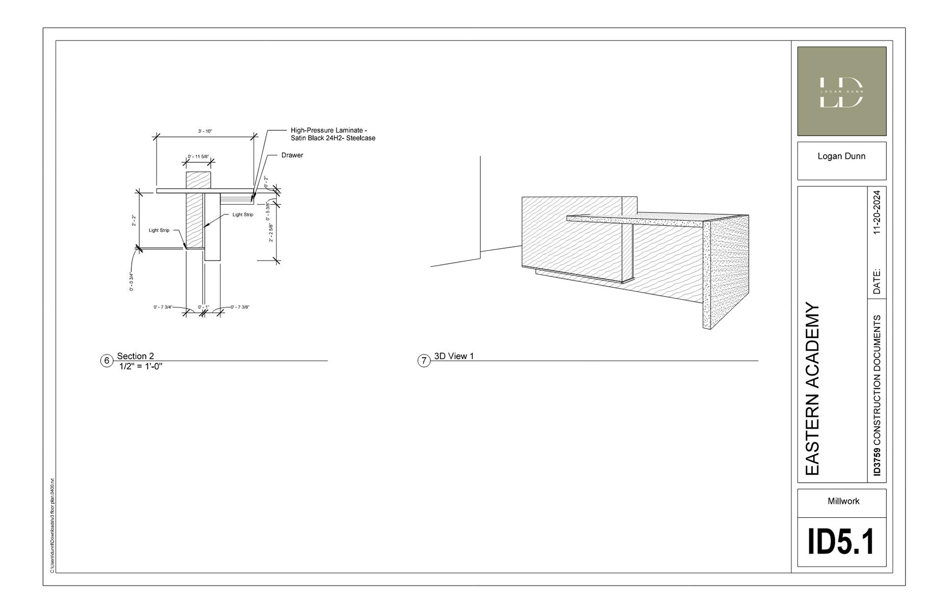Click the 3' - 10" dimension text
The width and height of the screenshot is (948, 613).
[x=205, y=131]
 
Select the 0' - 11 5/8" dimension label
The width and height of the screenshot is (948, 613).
[x=198, y=157]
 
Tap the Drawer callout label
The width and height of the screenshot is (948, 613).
[x=292, y=155]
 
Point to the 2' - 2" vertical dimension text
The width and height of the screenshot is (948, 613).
[x=134, y=221]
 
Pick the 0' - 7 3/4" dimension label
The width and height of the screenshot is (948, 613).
[x=163, y=307]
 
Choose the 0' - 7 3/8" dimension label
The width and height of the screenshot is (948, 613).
[x=240, y=307]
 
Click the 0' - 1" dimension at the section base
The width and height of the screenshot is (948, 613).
[x=203, y=307]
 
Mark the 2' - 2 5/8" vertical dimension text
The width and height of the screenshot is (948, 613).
[x=271, y=232]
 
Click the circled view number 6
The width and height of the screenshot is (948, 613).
[x=107, y=361]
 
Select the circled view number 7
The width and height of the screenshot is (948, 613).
[x=424, y=361]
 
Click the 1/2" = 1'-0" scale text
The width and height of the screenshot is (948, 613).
[x=141, y=366]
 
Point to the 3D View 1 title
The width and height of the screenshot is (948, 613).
[x=454, y=356]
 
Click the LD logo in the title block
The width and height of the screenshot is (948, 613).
[x=841, y=91]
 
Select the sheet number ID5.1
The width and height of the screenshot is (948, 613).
[x=841, y=542]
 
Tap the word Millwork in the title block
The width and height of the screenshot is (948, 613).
[x=843, y=501]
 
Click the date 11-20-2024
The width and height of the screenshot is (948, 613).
[x=876, y=212]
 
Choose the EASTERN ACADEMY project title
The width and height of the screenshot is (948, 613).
[x=812, y=388]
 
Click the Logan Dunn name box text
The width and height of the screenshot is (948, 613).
[x=841, y=156]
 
